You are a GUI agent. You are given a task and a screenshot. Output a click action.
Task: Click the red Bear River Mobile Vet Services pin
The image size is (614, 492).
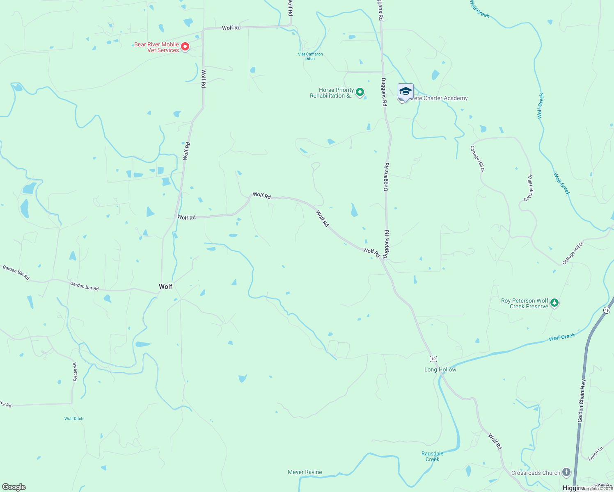click(185, 47)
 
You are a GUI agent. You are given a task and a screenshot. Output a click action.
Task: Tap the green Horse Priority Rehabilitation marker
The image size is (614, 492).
click(360, 92)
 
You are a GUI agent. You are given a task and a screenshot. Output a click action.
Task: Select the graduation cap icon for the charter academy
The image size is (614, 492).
click(406, 91)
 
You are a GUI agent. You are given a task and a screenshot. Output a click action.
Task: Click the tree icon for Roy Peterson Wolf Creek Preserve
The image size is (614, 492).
click(554, 303)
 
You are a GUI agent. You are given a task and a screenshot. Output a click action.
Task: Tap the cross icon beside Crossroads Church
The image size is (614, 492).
click(566, 472)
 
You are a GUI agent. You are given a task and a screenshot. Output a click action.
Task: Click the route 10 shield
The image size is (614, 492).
click(433, 359)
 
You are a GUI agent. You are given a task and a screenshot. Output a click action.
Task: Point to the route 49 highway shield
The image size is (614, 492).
click(607, 310)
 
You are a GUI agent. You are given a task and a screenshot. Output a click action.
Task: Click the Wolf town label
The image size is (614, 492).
click(165, 287)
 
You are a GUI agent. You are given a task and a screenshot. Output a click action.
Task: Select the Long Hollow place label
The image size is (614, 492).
click(440, 369)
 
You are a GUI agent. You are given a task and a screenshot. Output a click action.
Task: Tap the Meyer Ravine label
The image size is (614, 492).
click(305, 472)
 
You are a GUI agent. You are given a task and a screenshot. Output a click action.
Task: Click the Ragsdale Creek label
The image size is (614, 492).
click(432, 456)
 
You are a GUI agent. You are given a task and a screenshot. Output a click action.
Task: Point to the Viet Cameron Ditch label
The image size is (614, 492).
click(310, 56)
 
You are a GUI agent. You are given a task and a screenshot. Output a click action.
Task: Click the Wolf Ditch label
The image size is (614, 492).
click(74, 419)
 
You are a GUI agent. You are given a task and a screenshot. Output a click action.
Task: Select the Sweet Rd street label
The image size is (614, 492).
click(75, 372)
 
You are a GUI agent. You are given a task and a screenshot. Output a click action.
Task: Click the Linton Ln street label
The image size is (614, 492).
click(596, 453)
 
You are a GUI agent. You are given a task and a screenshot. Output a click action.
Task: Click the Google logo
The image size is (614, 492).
click(14, 487)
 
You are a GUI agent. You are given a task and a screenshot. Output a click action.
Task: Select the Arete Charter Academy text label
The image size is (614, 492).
click(439, 98)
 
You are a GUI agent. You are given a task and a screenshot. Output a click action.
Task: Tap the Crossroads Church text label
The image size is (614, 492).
click(536, 473)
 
